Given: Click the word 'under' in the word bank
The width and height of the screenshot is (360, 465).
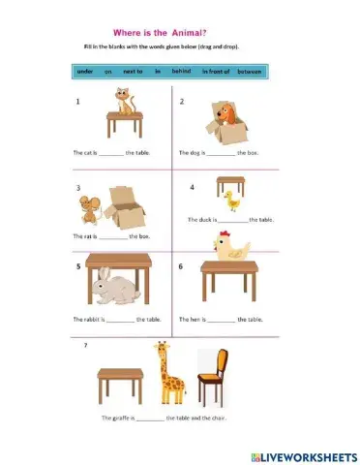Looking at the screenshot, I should [x=86, y=71].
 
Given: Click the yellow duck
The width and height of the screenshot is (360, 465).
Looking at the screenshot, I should [x=230, y=200].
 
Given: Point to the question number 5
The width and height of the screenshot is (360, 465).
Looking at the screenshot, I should [x=76, y=266].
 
